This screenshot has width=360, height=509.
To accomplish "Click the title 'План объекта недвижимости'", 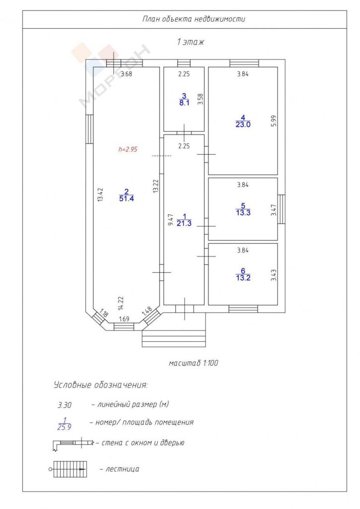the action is [x=194, y=19].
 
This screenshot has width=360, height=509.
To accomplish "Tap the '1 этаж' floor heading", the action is [x=190, y=42].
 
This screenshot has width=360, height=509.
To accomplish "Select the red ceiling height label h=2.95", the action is [x=128, y=149].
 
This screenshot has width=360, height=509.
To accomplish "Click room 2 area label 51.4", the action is [x=127, y=198].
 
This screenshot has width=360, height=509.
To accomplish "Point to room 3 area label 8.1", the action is [x=184, y=103].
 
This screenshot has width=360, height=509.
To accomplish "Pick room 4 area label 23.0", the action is [x=243, y=125].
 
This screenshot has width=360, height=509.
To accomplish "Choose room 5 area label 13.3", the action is [x=243, y=213].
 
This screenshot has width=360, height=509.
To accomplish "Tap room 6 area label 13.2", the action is [x=243, y=277].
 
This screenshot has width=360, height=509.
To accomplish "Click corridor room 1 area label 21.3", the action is [x=184, y=223].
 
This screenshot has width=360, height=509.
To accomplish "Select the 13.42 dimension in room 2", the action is [x=100, y=195].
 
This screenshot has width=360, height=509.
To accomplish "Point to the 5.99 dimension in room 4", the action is [x=274, y=121].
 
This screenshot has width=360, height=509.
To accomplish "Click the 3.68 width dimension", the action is [x=127, y=74].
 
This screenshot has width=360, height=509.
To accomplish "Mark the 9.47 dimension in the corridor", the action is [x=171, y=220].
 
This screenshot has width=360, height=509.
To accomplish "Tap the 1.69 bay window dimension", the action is [x=124, y=319].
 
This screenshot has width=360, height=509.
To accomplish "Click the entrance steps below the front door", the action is [x=174, y=338].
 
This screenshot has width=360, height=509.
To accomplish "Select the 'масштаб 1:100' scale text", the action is [x=193, y=363].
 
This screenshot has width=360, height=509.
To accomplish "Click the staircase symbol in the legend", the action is [x=69, y=469].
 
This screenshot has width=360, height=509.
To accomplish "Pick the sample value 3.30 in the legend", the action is [x=65, y=405].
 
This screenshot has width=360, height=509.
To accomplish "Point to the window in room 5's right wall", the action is [x=282, y=209].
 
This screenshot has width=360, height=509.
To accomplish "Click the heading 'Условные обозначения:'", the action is [x=100, y=385].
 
